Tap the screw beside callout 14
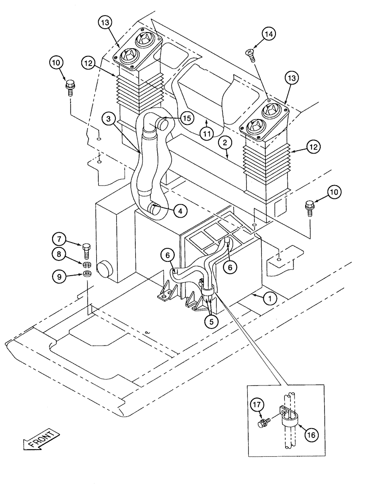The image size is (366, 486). point(251,52)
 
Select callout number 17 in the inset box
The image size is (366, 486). point(257,405)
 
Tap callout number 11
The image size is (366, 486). point(206,133)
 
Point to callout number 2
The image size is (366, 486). point(224,143)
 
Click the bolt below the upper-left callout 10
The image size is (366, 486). point(70,89)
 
